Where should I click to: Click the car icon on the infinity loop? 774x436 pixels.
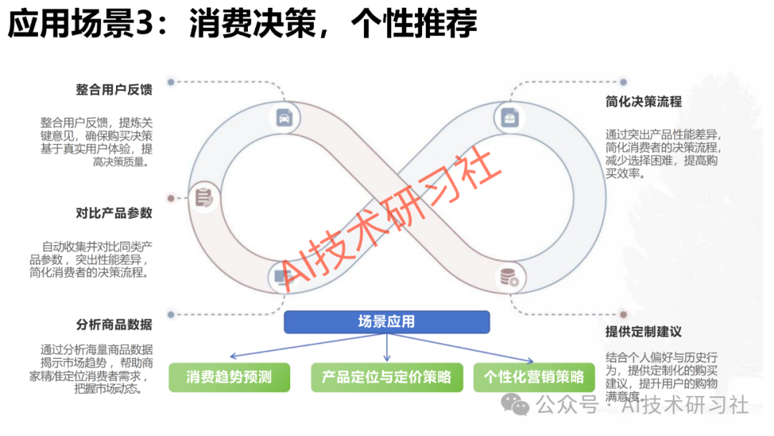click(284, 117)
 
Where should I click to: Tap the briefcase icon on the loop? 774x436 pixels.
click(510, 117)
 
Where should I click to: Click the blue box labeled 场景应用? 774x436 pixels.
click(387, 322)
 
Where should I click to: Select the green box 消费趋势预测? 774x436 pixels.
click(229, 377)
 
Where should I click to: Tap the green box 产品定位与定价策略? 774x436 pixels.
click(387, 377)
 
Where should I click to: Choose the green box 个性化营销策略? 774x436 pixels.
click(535, 377)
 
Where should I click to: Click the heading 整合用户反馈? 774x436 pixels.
click(114, 90)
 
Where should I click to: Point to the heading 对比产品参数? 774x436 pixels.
click(114, 214)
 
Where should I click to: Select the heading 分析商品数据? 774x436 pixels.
click(114, 324)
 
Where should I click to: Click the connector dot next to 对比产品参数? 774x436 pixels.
click(171, 198)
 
